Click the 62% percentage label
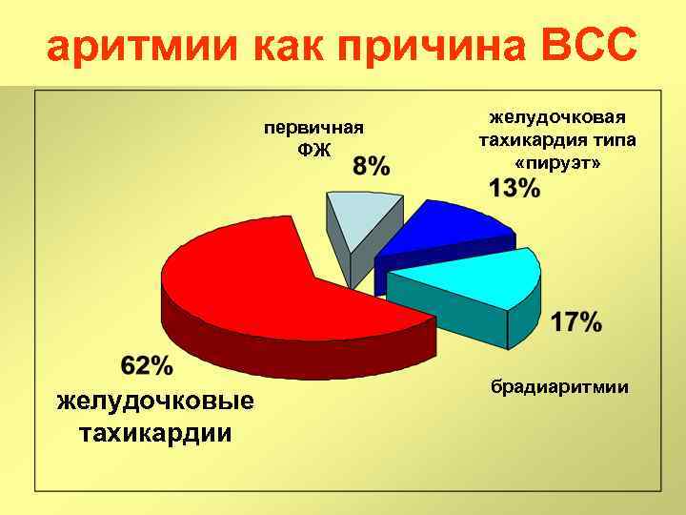tap(148, 365)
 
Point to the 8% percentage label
tap(371, 166)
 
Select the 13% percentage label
tap(514, 188)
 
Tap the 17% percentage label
tap(576, 322)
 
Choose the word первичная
tap(314, 129)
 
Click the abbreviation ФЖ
tap(314, 152)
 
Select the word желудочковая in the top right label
tap(557, 116)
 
